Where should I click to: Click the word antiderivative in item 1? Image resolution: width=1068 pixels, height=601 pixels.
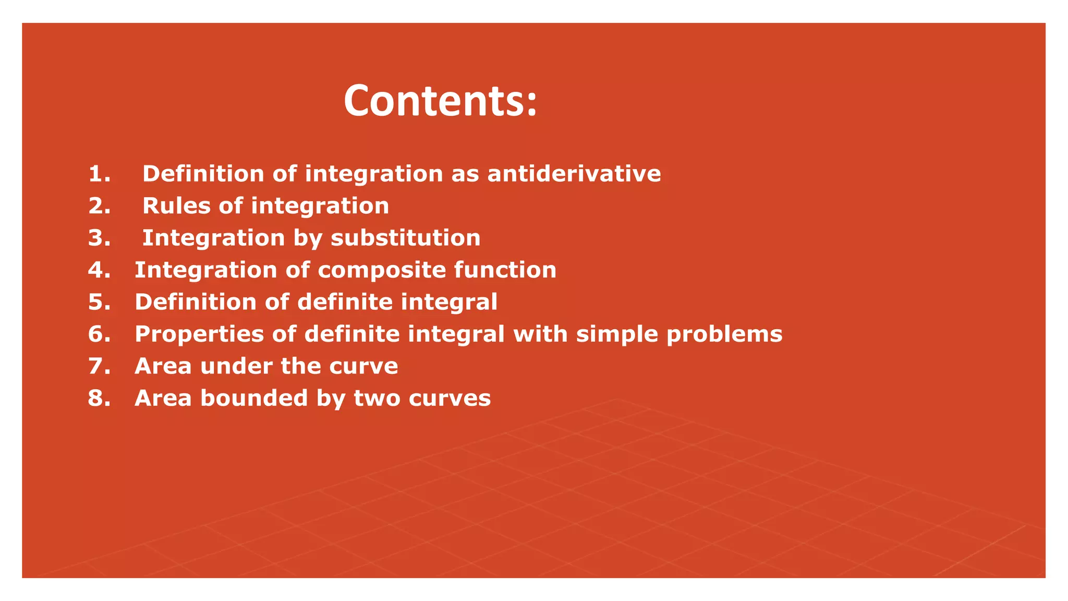coord(574,174)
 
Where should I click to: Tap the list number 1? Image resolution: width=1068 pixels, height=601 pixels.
coord(99,174)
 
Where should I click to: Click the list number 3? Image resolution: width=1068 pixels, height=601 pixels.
coord(99,238)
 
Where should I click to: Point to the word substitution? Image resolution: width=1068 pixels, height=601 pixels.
coord(405,238)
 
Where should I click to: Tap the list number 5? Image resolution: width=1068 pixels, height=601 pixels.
coord(99,303)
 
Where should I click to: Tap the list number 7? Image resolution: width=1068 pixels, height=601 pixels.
coord(99,367)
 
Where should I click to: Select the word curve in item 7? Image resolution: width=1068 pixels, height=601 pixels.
coord(363,367)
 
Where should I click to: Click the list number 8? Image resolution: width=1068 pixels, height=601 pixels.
coord(99,399)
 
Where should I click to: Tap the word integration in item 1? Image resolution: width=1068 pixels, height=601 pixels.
coord(373,174)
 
